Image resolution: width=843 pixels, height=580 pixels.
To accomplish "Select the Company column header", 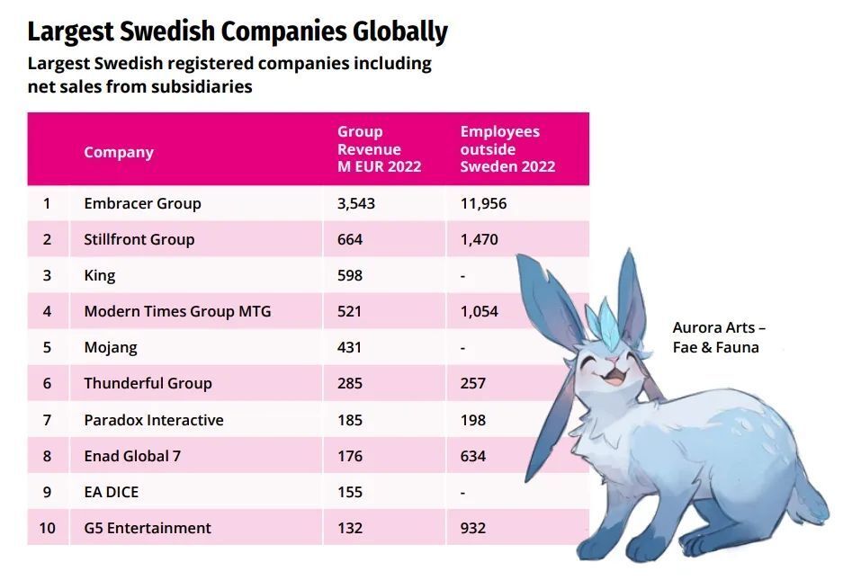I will [x=119, y=152].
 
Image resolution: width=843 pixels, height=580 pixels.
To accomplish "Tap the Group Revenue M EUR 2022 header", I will [x=379, y=149].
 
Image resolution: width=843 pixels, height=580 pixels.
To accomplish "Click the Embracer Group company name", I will [x=142, y=203].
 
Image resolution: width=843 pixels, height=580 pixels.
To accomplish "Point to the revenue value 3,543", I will [x=355, y=203].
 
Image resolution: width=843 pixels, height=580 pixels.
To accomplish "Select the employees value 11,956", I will [x=483, y=203].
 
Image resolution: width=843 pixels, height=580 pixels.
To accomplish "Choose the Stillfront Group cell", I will [x=139, y=239].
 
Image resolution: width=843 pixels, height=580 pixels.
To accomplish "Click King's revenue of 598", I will [x=350, y=275].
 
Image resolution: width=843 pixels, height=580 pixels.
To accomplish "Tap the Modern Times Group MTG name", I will [x=177, y=311].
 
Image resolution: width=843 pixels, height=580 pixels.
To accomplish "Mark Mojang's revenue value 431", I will [x=350, y=347].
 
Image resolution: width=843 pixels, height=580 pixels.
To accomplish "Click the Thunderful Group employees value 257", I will [x=472, y=383].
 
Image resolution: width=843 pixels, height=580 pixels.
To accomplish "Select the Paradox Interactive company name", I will [x=154, y=420].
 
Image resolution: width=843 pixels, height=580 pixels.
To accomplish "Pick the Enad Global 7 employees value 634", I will [x=472, y=456].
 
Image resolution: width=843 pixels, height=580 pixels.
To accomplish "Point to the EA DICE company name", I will [x=111, y=492].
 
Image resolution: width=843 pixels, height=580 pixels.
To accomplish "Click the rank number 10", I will [x=47, y=528].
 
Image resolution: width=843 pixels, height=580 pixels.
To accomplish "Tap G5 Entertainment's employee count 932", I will [x=472, y=528].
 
